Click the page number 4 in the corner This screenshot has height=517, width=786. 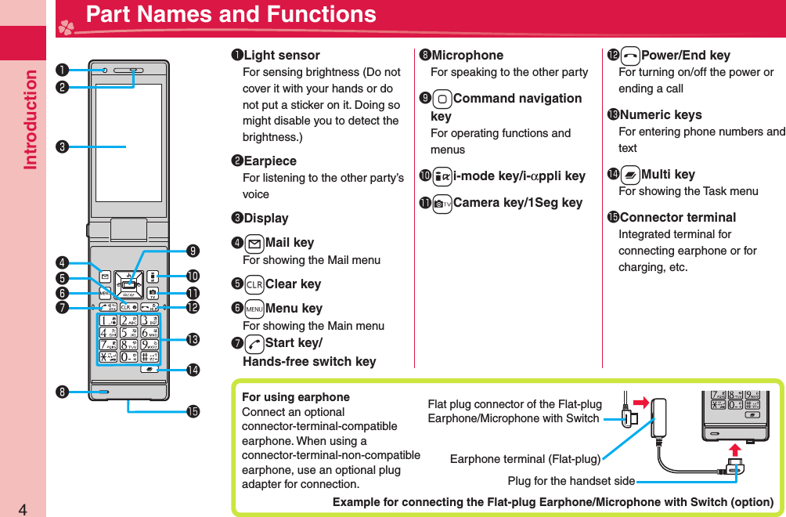pyautogui.click(x=23, y=509)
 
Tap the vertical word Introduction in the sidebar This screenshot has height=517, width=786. pyautogui.click(x=31, y=119)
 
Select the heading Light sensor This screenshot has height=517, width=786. pyautogui.click(x=281, y=56)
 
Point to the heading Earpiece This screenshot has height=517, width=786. pyautogui.click(x=269, y=161)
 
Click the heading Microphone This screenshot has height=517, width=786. pyautogui.click(x=467, y=56)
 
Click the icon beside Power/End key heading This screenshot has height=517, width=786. pyautogui.click(x=629, y=56)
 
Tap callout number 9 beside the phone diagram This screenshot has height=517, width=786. pyautogui.click(x=193, y=251)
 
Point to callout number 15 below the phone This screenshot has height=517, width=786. pyautogui.click(x=193, y=410)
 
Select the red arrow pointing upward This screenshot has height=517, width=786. pyautogui.click(x=734, y=450)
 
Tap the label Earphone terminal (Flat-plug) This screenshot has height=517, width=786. pyautogui.click(x=525, y=459)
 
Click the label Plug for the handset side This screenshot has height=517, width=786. pyautogui.click(x=571, y=480)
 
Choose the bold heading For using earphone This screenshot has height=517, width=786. pyautogui.click(x=296, y=397)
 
